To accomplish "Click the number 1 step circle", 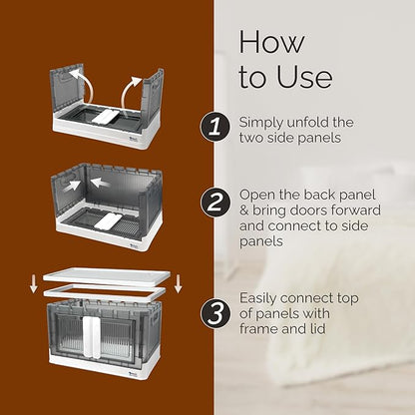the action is tap(215, 128).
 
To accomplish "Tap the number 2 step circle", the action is tap(215, 202).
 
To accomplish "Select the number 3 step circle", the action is tap(215, 314).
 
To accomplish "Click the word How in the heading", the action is tap(271, 42).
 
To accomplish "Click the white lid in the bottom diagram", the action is tap(107, 276).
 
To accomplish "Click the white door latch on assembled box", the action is tap(91, 337).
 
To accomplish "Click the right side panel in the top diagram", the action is tap(153, 96).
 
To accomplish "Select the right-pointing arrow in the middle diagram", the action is tap(72, 186).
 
